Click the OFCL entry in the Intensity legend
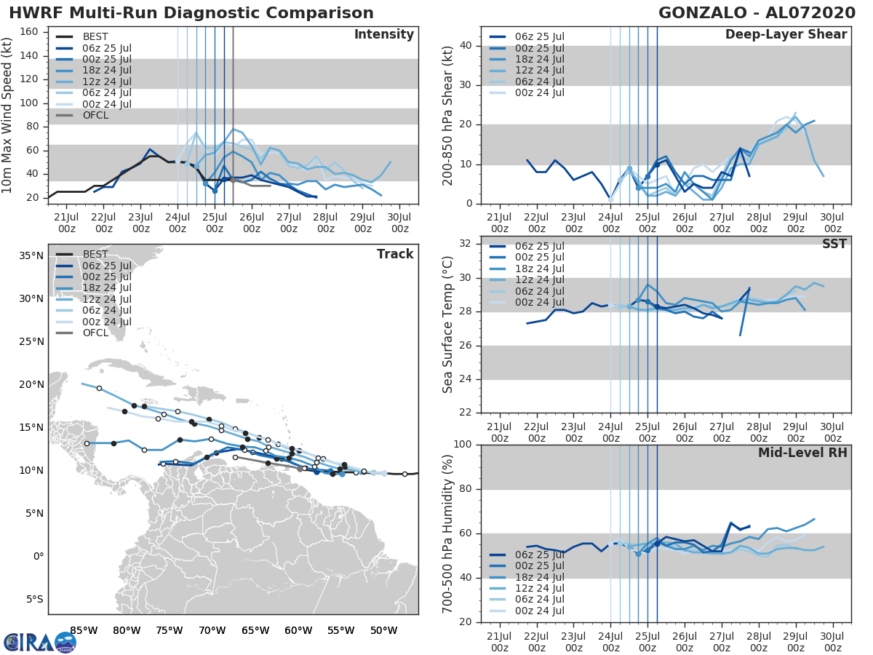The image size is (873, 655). click(96, 115)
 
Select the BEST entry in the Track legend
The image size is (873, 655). click(95, 254)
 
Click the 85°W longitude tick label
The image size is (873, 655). click(84, 630)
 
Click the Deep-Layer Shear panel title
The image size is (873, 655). click(786, 35)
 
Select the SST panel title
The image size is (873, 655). click(834, 244)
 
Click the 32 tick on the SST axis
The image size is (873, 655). click(466, 244)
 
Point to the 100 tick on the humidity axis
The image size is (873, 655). click(463, 445)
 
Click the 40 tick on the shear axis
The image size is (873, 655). click(466, 46)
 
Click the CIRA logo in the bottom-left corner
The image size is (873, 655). click(40, 642)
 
